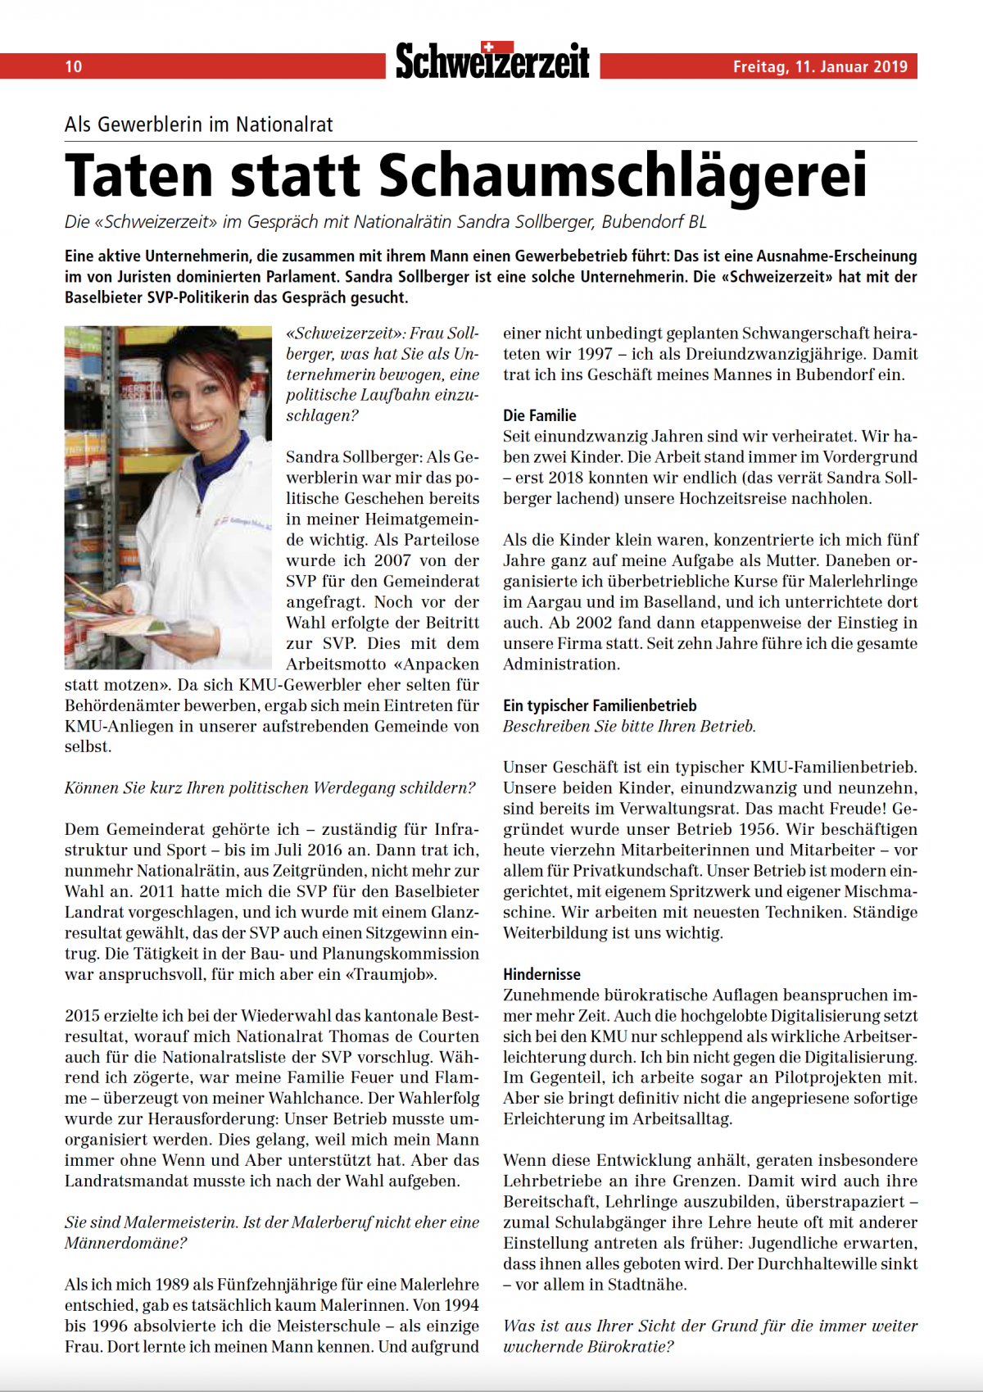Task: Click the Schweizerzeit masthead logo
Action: point(492,62)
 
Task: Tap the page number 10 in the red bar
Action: point(74,66)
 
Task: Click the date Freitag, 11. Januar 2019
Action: point(820,66)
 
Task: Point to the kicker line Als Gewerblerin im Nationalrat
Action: point(199,125)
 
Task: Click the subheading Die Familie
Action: point(539,415)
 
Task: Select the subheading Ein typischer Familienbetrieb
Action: point(600,705)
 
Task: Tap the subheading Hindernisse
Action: point(541,974)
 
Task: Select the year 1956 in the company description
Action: point(758,829)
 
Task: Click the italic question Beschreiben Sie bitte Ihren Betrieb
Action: point(629,726)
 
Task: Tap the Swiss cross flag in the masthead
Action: point(488,47)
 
